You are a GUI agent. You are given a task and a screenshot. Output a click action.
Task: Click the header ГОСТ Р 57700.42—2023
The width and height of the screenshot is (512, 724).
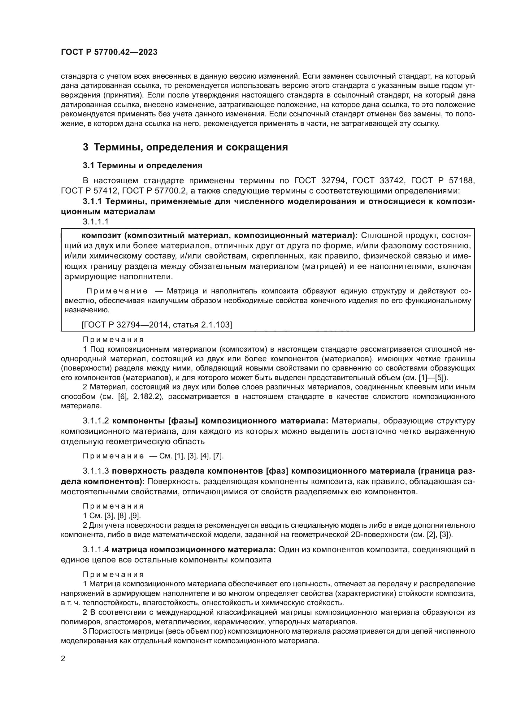[109, 52]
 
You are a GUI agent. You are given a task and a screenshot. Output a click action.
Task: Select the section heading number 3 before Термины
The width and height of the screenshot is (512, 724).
[85, 147]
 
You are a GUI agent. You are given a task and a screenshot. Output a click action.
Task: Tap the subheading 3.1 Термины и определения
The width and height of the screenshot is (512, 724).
[142, 165]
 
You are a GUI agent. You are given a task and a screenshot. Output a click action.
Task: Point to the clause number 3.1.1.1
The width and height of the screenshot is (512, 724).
[96, 222]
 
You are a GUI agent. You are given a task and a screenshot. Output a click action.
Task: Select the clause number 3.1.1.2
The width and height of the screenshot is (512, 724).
[96, 421]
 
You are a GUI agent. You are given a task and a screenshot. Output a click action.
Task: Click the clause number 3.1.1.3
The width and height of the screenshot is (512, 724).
[96, 471]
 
